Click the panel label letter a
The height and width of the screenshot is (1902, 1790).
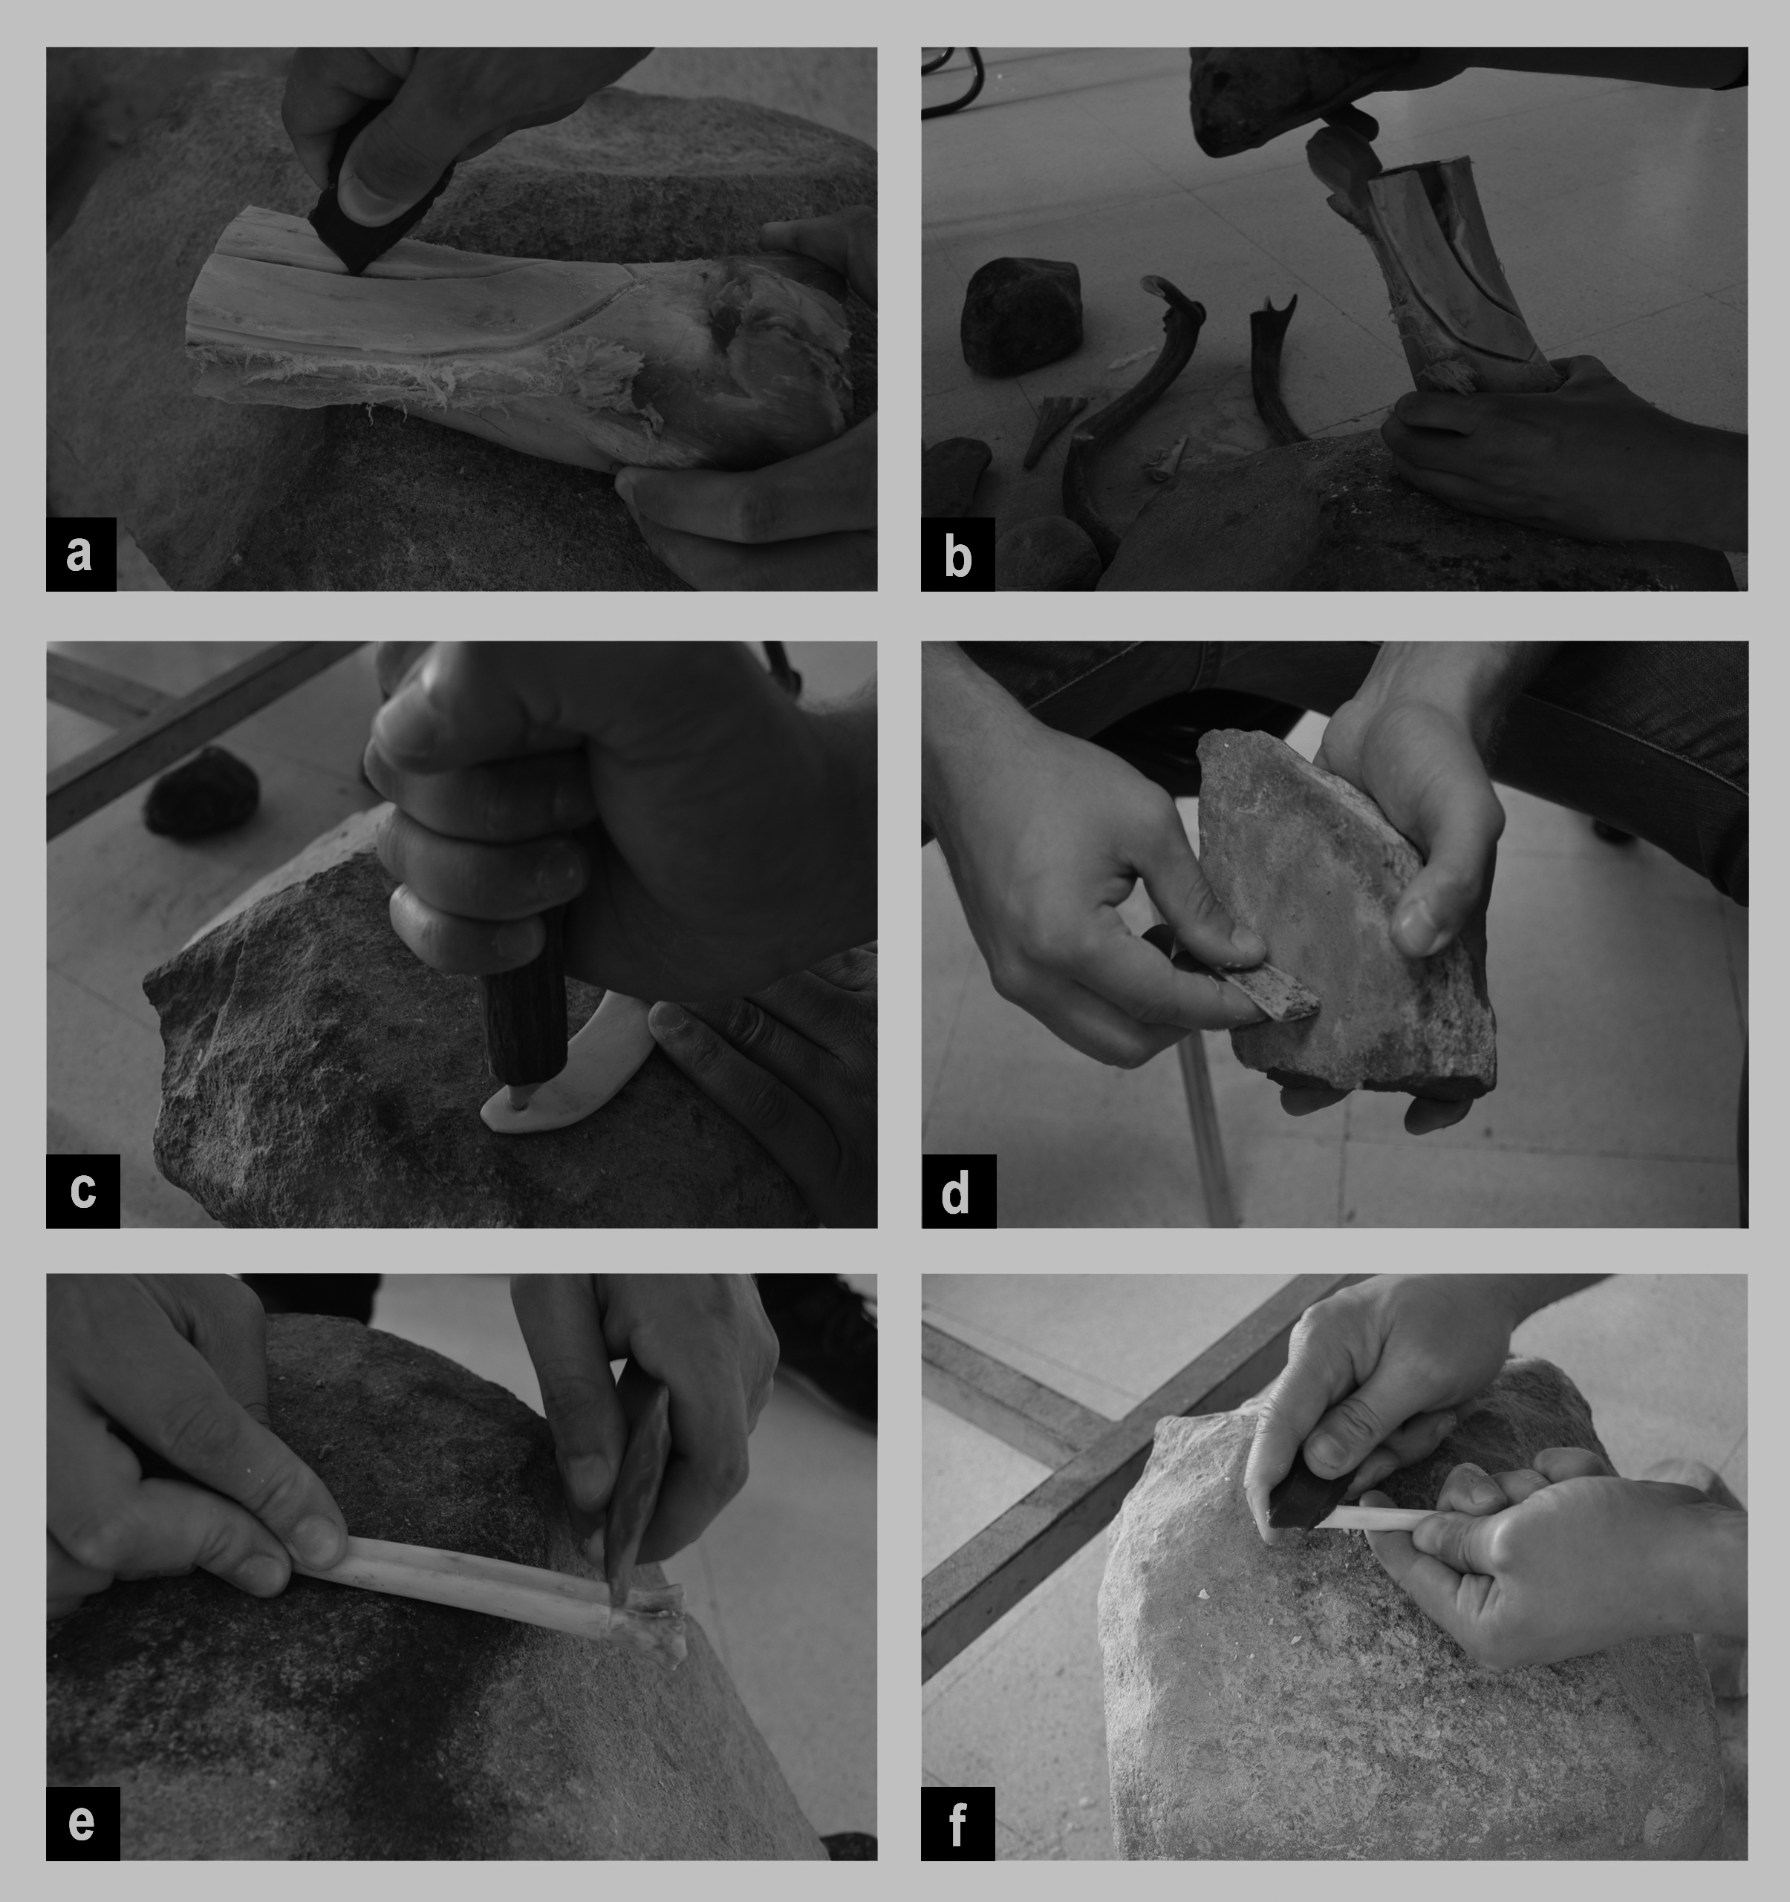click(x=80, y=554)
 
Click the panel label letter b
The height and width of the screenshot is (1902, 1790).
click(x=957, y=555)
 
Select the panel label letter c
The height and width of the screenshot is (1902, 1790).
click(x=82, y=1191)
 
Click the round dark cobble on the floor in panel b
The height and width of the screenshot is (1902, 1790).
click(x=1021, y=315)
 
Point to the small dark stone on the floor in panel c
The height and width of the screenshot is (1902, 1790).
click(x=201, y=793)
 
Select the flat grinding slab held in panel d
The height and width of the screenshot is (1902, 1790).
click(x=1340, y=909)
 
